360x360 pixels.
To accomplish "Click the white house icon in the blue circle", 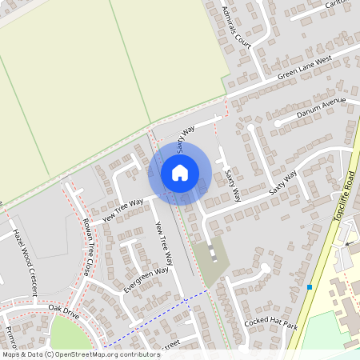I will (180, 172).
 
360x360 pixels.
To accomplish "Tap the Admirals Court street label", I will (237, 25).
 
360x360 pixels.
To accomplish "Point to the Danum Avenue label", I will (320, 108).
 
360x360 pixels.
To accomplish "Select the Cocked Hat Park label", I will (270, 324).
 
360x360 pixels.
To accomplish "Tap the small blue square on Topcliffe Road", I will (310, 286).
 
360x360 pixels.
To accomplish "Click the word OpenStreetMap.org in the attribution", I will (97, 354).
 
